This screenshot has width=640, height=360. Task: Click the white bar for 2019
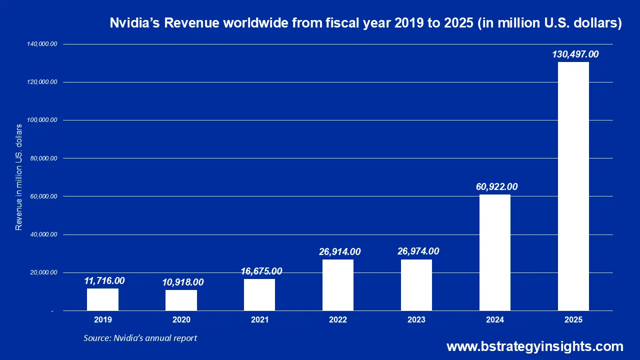pyautogui.click(x=102, y=299)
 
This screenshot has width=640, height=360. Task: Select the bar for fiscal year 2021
pyautogui.click(x=259, y=294)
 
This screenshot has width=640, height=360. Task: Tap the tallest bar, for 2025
pyautogui.click(x=573, y=186)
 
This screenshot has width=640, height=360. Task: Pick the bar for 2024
pyautogui.click(x=495, y=252)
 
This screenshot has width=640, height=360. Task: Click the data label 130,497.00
pyautogui.click(x=575, y=54)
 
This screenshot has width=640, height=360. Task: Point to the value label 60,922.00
pyautogui.click(x=496, y=187)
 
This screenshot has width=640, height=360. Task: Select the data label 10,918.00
pyautogui.click(x=183, y=282)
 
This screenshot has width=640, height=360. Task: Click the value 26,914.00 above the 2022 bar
pyautogui.click(x=339, y=251)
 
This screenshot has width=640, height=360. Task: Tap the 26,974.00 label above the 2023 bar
pyautogui.click(x=418, y=251)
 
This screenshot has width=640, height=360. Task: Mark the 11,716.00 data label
pyautogui.click(x=104, y=281)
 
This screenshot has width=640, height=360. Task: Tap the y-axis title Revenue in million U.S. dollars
pyautogui.click(x=19, y=177)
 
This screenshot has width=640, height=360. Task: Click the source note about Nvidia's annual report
pyautogui.click(x=140, y=338)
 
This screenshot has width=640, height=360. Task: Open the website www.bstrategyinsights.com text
pyautogui.click(x=534, y=346)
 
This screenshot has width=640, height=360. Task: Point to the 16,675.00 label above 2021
pyautogui.click(x=261, y=271)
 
